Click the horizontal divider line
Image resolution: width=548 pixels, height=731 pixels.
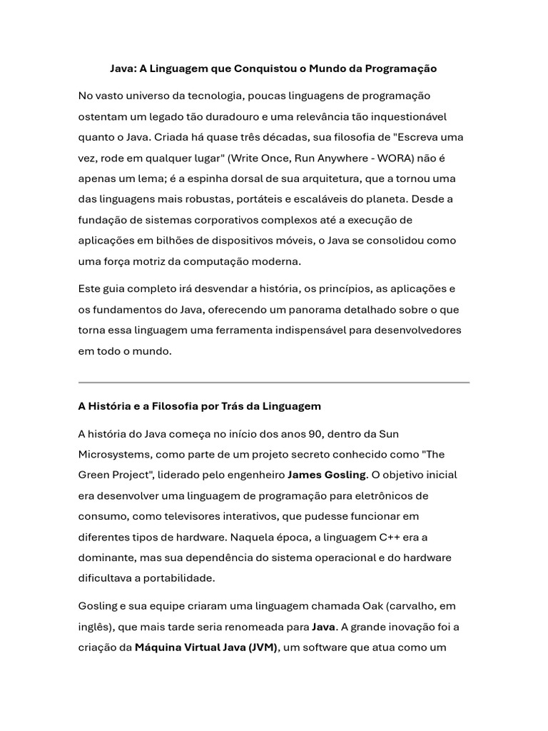click(274, 383)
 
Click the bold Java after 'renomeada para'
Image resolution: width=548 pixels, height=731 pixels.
click(324, 627)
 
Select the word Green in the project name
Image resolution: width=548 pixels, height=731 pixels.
click(94, 475)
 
